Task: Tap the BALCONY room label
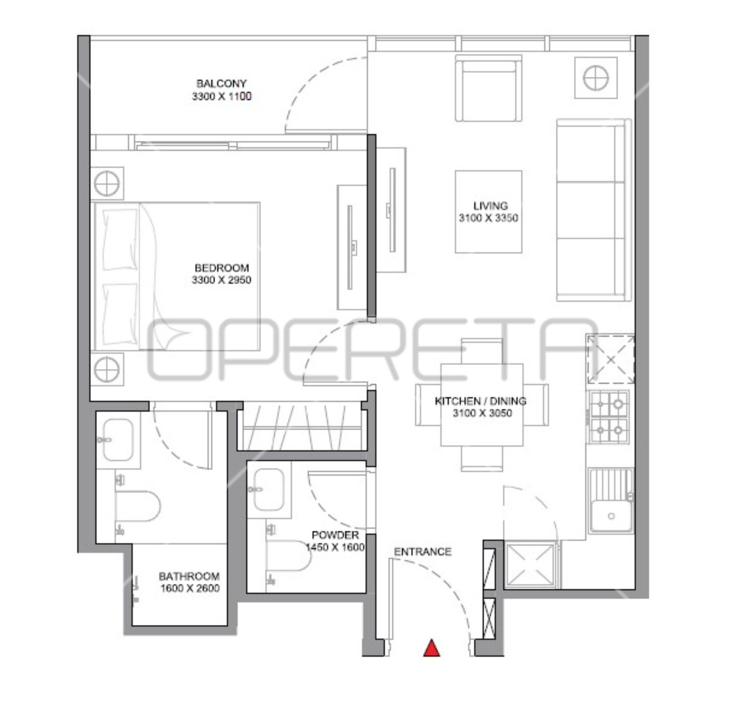point(221,84)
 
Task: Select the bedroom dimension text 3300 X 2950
point(221,280)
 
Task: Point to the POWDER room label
point(335,535)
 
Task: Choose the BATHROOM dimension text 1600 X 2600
point(190,588)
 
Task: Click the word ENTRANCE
point(423,552)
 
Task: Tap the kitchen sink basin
point(611,516)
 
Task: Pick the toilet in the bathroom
point(138,506)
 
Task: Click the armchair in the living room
point(489,88)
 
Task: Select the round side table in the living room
point(596,77)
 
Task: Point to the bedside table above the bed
point(107,183)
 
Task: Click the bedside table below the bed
point(107,369)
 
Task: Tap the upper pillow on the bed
point(120,239)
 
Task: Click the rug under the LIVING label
point(489,212)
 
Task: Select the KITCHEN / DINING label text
point(481,401)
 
